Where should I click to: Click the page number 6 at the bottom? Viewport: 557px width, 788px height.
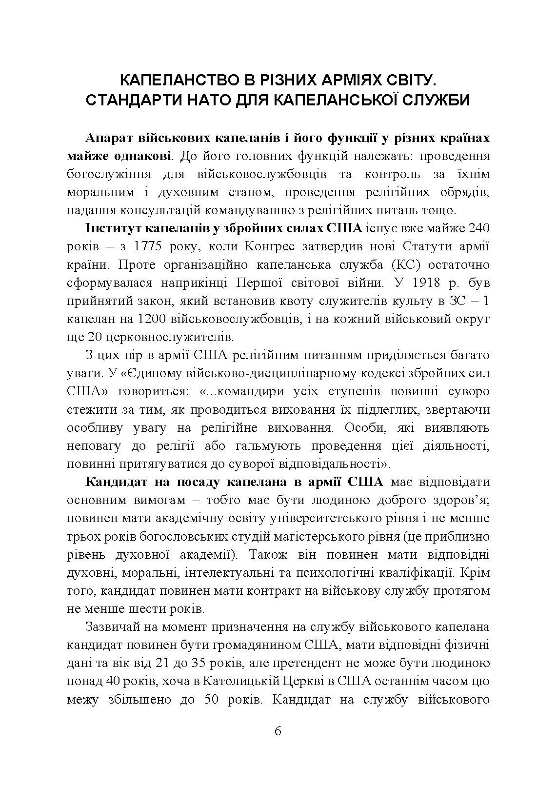tap(278, 731)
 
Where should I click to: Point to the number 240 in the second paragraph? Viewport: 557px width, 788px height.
tap(479, 228)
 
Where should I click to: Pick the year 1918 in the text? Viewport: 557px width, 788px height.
tap(424, 283)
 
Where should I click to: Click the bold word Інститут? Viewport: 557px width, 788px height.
tap(108, 228)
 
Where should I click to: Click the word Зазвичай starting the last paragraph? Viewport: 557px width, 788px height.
tap(112, 626)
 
